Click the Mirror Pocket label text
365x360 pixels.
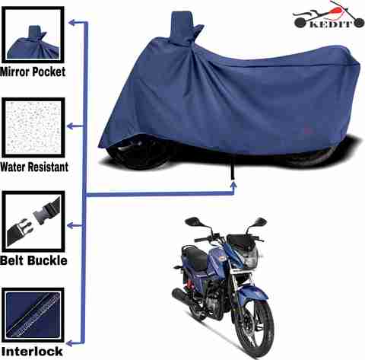point(33,72)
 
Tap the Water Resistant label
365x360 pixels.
point(34,167)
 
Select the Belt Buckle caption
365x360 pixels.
point(33,260)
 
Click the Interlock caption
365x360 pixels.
point(32,352)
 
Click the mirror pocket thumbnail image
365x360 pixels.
point(33,35)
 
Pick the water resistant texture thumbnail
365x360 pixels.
point(33,128)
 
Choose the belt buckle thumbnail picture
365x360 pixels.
point(33,221)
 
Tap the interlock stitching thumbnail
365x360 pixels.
point(33,315)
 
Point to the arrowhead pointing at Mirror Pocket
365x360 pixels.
point(71,23)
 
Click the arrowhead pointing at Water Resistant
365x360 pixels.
point(70,126)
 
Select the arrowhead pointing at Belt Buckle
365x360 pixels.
point(70,225)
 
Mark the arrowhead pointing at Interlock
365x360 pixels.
point(70,343)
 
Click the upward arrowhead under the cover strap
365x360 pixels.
point(233,184)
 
